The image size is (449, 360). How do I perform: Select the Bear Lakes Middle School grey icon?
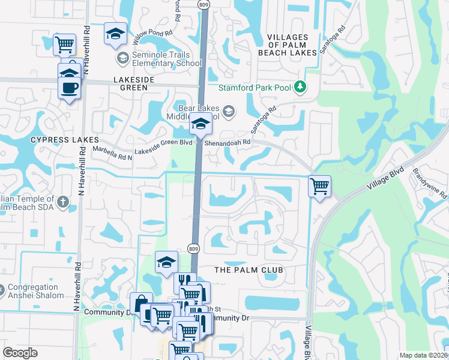pyautogui.click(x=228, y=111)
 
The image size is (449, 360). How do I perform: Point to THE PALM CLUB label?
pyautogui.click(x=249, y=270)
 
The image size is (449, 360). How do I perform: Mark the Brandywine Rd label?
pyautogui.click(x=430, y=183)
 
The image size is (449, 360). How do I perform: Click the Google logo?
pyautogui.click(x=20, y=353)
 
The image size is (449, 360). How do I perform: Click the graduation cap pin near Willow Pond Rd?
pyautogui.click(x=115, y=34)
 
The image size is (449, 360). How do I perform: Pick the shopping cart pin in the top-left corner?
pyautogui.click(x=64, y=44)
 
